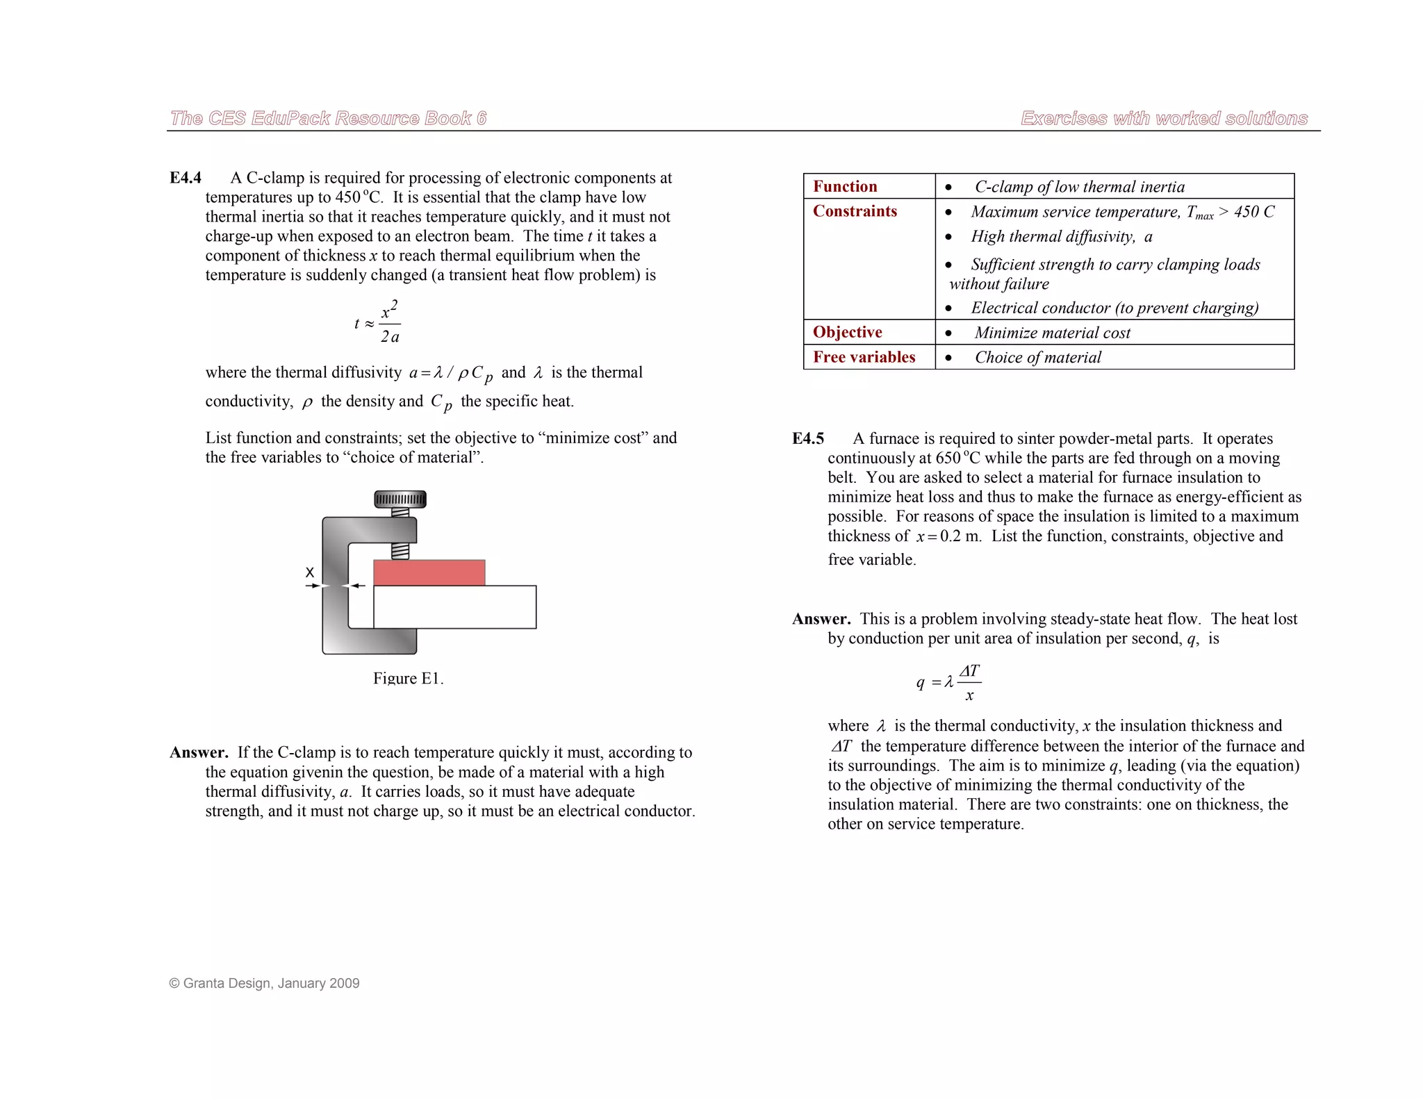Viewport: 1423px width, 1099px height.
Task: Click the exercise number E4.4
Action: pyautogui.click(x=186, y=178)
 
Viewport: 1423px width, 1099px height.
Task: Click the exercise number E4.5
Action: pyautogui.click(x=807, y=438)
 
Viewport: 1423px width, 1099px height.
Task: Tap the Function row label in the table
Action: pyautogui.click(x=845, y=186)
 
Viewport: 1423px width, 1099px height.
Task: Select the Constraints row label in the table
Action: pyautogui.click(x=855, y=211)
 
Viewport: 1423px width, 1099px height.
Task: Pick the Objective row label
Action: pyautogui.click(x=847, y=332)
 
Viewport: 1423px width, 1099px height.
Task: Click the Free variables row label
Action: pyautogui.click(x=864, y=357)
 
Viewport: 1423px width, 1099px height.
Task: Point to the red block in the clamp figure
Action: pyautogui.click(x=429, y=572)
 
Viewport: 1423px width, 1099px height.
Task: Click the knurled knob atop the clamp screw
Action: pyautogui.click(x=400, y=499)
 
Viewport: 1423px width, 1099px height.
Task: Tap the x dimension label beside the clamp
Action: pyautogui.click(x=310, y=572)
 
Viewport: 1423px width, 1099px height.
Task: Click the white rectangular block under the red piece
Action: pyautogui.click(x=454, y=607)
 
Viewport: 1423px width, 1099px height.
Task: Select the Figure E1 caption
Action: pyautogui.click(x=408, y=678)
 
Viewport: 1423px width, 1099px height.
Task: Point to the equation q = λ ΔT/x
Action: pyautogui.click(x=949, y=682)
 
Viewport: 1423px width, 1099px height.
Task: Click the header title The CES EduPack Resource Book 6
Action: pyautogui.click(x=328, y=118)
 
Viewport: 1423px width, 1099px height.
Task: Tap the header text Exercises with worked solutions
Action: pyautogui.click(x=1164, y=118)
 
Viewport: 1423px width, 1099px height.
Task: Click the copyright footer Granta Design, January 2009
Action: pyautogui.click(x=265, y=983)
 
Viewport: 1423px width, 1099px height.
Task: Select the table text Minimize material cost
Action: pyautogui.click(x=1052, y=333)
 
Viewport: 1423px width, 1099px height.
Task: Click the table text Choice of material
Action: pyautogui.click(x=1037, y=357)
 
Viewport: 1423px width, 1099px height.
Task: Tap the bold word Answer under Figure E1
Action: pyautogui.click(x=199, y=752)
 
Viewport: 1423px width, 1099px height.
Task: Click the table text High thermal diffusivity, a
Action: pyautogui.click(x=1061, y=237)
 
